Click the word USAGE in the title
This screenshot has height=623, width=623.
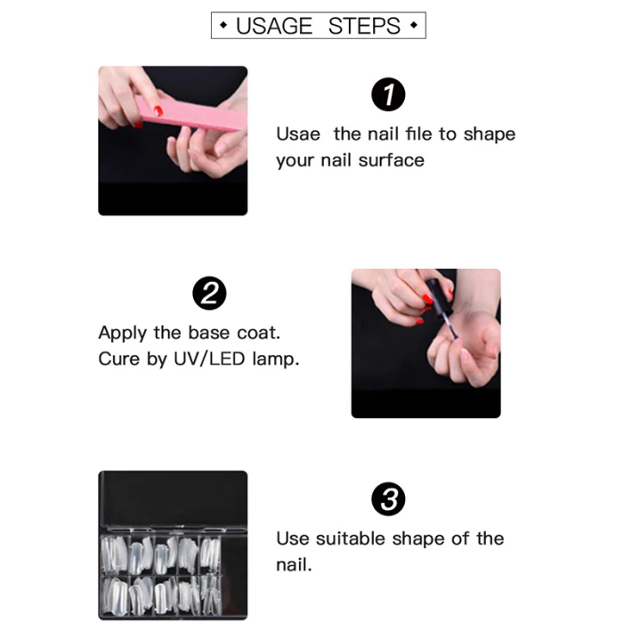(x=274, y=26)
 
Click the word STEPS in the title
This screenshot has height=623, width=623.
(x=364, y=26)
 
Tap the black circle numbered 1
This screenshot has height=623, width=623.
(x=388, y=94)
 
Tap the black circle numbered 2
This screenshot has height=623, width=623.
(x=209, y=293)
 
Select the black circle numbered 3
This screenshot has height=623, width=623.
(x=388, y=499)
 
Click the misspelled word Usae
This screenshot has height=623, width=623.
(x=298, y=134)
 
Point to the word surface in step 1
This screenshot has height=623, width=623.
(x=392, y=160)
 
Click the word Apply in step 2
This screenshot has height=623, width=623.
(x=123, y=334)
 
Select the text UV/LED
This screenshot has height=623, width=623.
(x=209, y=360)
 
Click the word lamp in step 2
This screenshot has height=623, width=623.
(x=274, y=360)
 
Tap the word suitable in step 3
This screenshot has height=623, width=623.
(x=351, y=538)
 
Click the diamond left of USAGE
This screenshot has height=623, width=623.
(x=223, y=26)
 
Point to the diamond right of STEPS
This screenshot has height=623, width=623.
(x=414, y=26)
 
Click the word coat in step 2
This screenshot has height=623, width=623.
(x=258, y=333)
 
